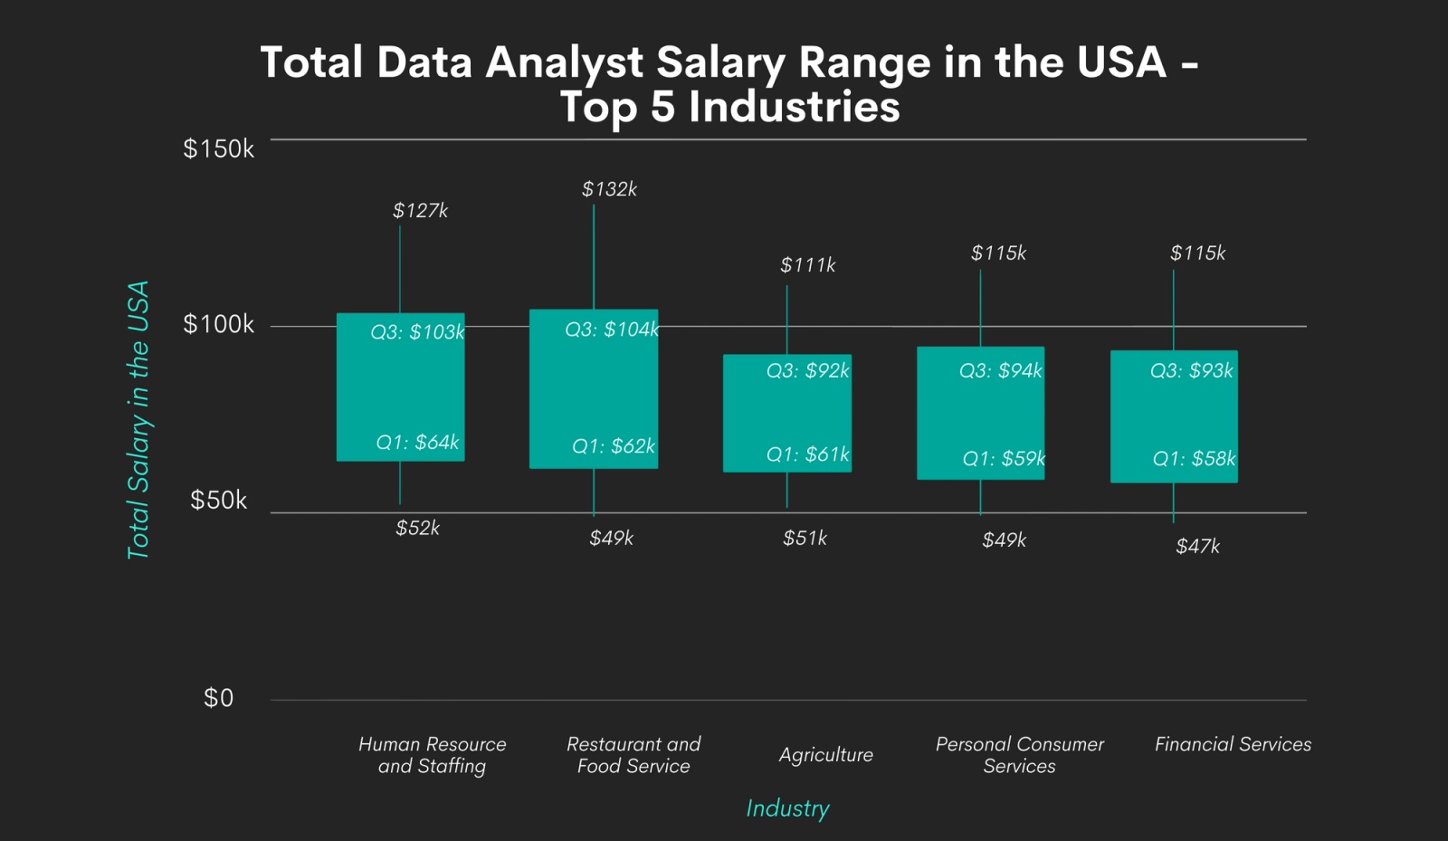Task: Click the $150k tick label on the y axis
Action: (x=218, y=148)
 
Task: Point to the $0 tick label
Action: (x=218, y=698)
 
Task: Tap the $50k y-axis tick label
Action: (x=218, y=501)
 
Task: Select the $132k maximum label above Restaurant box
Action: (x=609, y=189)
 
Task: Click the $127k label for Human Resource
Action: (x=420, y=211)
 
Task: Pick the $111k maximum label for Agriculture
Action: (x=807, y=265)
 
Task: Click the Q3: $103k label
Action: (x=417, y=332)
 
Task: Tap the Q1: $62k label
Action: (x=613, y=446)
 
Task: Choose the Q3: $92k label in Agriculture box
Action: (x=807, y=370)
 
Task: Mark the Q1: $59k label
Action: (x=1003, y=459)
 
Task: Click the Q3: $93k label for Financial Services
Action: (x=1191, y=370)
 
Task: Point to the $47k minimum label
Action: (x=1197, y=546)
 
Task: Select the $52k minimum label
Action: (x=417, y=528)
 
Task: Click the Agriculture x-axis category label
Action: (x=825, y=755)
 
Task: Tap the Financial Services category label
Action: (x=1233, y=744)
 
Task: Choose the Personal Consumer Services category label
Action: (x=1019, y=755)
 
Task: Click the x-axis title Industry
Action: (x=787, y=808)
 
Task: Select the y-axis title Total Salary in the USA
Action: (x=138, y=419)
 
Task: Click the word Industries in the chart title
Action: (x=794, y=107)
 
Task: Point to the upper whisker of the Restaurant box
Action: (x=594, y=258)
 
